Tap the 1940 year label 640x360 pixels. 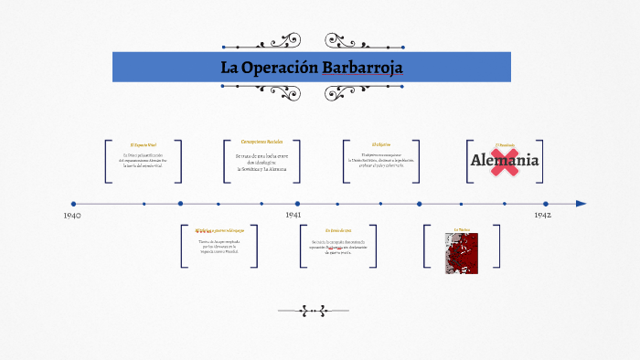point(73,216)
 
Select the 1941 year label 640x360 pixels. point(293,214)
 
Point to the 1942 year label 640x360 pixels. point(542,215)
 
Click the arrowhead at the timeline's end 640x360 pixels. point(581,204)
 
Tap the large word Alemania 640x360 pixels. point(505,162)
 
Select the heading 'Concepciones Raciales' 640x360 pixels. point(261,142)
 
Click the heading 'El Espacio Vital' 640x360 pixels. point(144,144)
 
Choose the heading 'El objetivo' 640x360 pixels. point(381,144)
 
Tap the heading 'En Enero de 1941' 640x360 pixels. point(337,230)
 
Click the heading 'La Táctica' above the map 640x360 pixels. point(461,229)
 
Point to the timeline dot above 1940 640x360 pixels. point(73,204)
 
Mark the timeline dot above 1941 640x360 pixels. point(297,204)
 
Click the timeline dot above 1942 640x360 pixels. point(546,204)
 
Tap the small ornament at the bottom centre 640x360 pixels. point(313,311)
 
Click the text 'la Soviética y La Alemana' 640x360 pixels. point(262,170)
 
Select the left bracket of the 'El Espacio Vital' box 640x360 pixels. point(107,162)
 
